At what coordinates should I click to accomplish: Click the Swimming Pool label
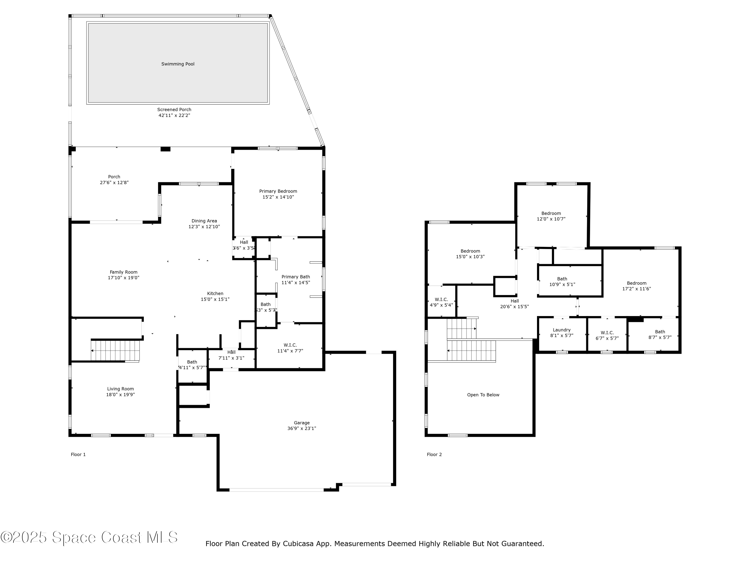[x=178, y=64]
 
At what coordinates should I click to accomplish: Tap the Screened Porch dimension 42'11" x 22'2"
[x=174, y=115]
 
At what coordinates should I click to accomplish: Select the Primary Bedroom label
[x=278, y=191]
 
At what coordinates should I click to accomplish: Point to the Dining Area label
[x=204, y=221]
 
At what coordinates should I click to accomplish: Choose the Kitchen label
[x=215, y=294]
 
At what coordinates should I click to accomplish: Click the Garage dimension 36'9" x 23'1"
[x=301, y=429]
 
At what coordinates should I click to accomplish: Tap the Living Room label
[x=120, y=389]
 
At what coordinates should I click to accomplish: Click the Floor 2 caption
[x=434, y=454]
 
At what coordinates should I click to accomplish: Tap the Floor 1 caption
[x=78, y=454]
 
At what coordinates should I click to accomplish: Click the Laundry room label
[x=561, y=330]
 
